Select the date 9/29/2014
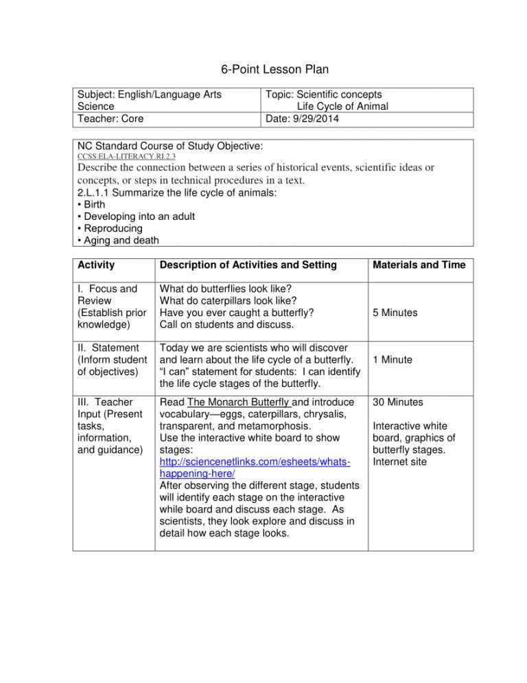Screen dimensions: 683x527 click(x=312, y=119)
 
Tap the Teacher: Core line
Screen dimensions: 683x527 click(x=110, y=119)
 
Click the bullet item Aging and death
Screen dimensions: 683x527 click(x=115, y=239)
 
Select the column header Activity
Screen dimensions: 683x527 click(x=96, y=265)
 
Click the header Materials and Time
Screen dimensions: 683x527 click(x=420, y=265)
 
